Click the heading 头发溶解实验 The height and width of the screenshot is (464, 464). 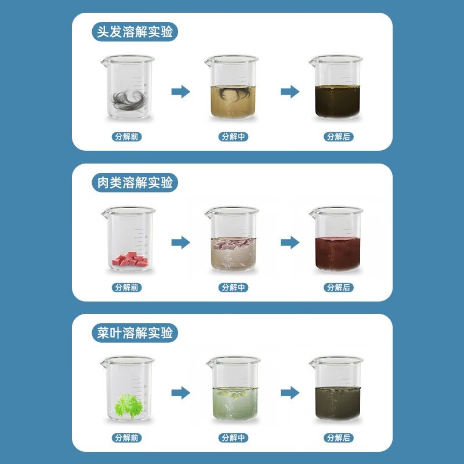coord(135,32)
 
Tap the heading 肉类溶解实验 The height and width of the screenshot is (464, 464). coord(135,182)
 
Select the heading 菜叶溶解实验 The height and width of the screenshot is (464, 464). coord(135,333)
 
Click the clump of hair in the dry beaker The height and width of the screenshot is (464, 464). coord(129,100)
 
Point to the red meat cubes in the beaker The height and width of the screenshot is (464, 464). coord(130,259)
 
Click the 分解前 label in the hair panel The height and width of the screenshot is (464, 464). coord(126,137)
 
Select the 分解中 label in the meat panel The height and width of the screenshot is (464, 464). coord(233,287)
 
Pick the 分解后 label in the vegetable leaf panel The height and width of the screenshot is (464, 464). coord(339,438)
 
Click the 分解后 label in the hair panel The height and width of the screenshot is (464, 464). coord(339,137)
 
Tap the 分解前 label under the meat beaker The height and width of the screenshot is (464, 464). coord(126,287)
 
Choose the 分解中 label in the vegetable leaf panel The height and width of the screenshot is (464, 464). coord(233,438)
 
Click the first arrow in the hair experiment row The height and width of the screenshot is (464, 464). coord(181,92)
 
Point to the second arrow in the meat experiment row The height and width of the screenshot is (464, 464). coord(290,242)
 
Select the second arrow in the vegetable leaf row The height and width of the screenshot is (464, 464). coord(290,393)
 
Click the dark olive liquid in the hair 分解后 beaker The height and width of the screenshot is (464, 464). coord(338,101)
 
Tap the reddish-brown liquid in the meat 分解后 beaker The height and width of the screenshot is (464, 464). coord(338,254)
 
